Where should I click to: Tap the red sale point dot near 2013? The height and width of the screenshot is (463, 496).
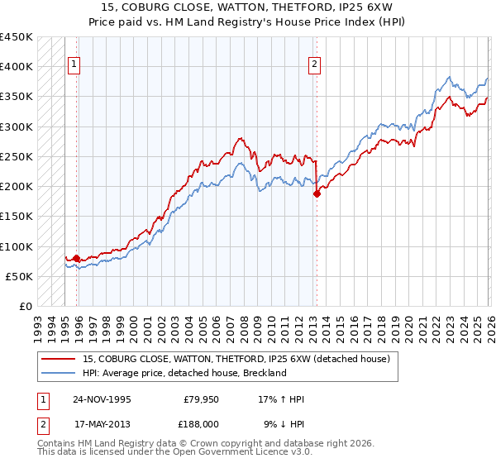click(x=317, y=195)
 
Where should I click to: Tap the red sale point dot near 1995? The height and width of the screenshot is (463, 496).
click(x=77, y=259)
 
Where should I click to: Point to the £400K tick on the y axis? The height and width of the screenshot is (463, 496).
click(x=17, y=67)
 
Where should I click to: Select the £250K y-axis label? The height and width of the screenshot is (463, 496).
click(x=17, y=156)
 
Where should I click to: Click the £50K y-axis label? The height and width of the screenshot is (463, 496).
click(x=20, y=276)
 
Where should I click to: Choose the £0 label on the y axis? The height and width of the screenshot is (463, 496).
click(x=26, y=306)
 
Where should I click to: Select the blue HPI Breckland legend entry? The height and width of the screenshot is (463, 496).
click(x=184, y=373)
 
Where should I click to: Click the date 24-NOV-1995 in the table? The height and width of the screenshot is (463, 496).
click(x=102, y=399)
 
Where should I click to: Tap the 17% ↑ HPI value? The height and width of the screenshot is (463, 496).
click(x=281, y=399)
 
